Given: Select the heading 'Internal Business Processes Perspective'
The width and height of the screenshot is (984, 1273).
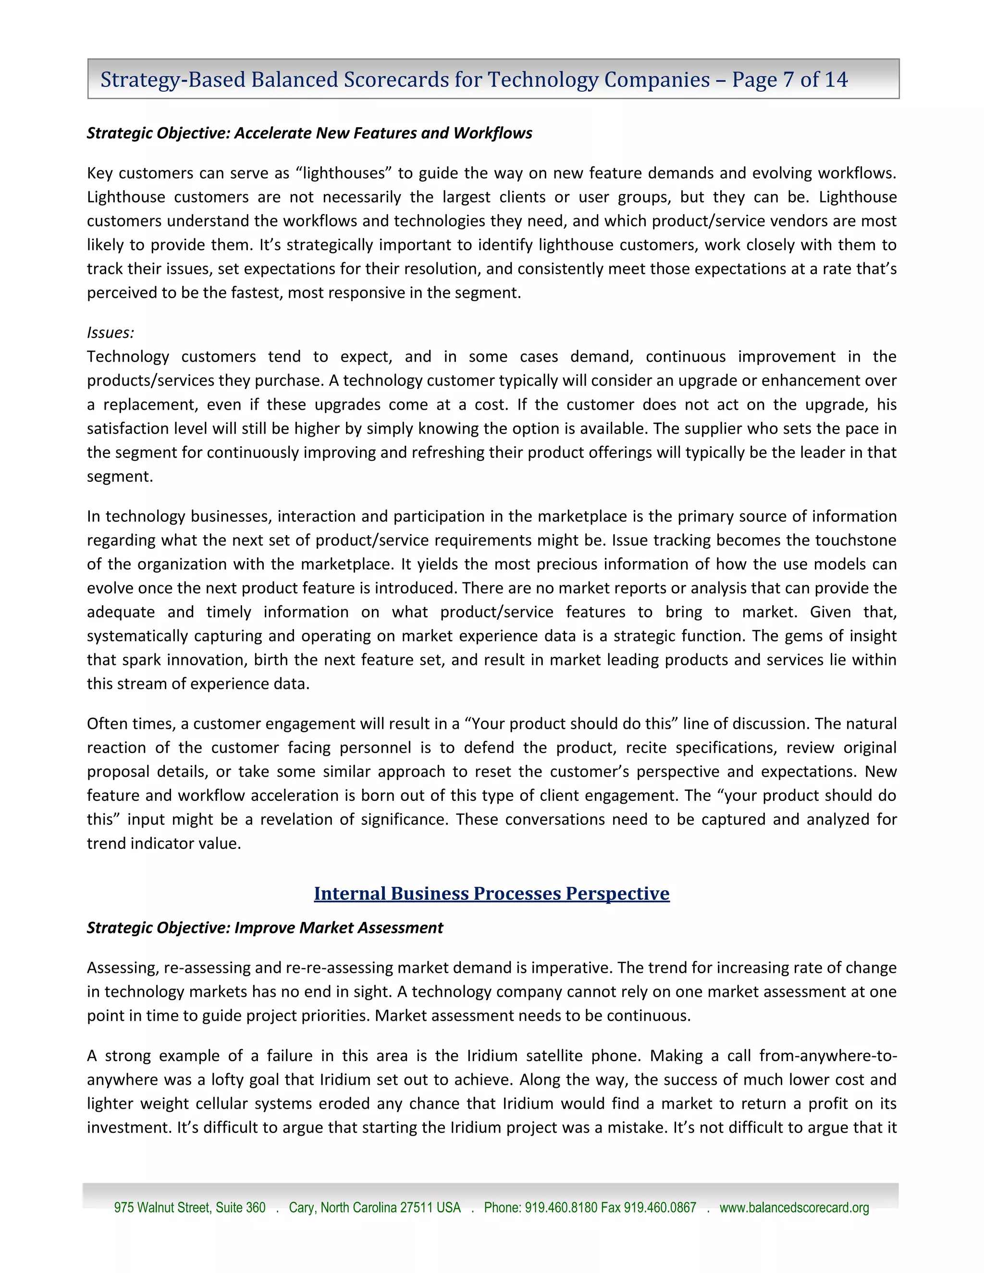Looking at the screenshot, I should click(492, 893).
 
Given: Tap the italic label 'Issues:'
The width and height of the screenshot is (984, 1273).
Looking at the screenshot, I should click(110, 332).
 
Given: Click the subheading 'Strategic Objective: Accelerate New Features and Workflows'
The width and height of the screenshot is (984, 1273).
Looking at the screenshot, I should click(309, 133).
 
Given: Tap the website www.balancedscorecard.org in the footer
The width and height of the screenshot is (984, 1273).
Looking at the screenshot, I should click(794, 1208).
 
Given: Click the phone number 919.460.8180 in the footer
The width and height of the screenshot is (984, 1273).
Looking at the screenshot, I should click(561, 1208).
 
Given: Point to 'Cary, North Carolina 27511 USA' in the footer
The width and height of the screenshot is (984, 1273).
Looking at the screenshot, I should click(374, 1208).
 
